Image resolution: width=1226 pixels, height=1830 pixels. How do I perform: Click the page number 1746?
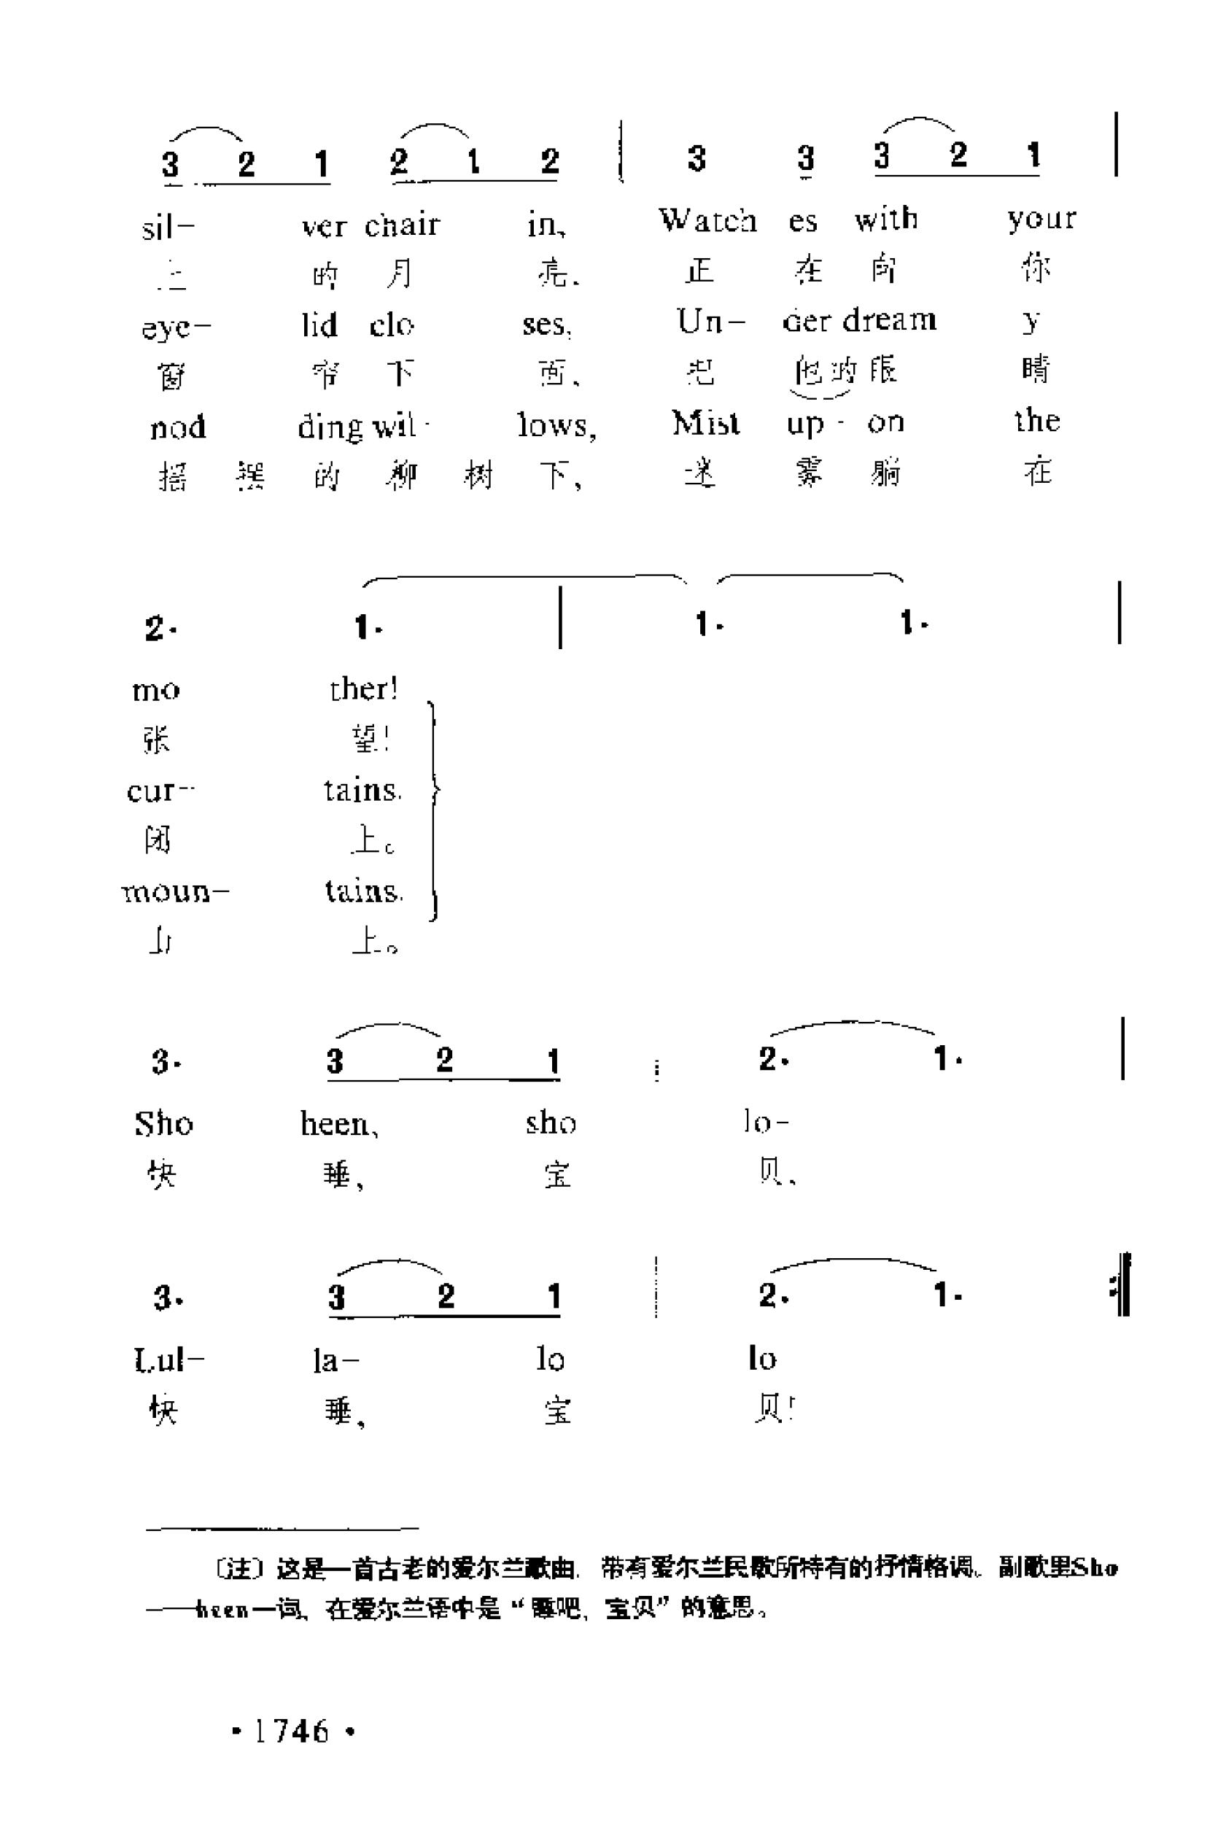click(x=292, y=1731)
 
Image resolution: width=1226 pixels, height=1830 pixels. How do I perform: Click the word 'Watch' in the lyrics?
click(x=707, y=220)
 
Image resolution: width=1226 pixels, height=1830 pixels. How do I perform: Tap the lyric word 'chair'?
click(x=402, y=225)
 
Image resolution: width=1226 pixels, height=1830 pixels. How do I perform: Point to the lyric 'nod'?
click(x=178, y=427)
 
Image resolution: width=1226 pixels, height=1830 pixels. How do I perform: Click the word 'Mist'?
click(x=705, y=423)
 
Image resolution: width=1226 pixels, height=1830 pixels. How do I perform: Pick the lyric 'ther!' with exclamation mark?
click(x=364, y=689)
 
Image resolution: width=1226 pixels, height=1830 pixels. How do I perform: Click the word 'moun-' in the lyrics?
click(x=174, y=892)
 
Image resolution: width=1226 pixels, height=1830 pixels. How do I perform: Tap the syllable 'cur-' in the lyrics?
click(x=160, y=791)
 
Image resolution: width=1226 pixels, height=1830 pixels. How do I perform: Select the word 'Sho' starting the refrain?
click(x=163, y=1123)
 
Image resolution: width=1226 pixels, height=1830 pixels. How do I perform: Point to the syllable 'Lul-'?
click(x=168, y=1360)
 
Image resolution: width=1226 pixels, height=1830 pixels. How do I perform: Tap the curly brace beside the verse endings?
click(x=434, y=810)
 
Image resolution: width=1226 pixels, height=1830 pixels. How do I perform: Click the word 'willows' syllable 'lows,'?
click(x=556, y=426)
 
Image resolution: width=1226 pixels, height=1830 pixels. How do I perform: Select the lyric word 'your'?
click(x=1041, y=218)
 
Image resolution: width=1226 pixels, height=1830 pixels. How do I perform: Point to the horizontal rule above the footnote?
click(x=282, y=1527)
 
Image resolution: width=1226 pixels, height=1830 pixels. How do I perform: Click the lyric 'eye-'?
click(x=176, y=327)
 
